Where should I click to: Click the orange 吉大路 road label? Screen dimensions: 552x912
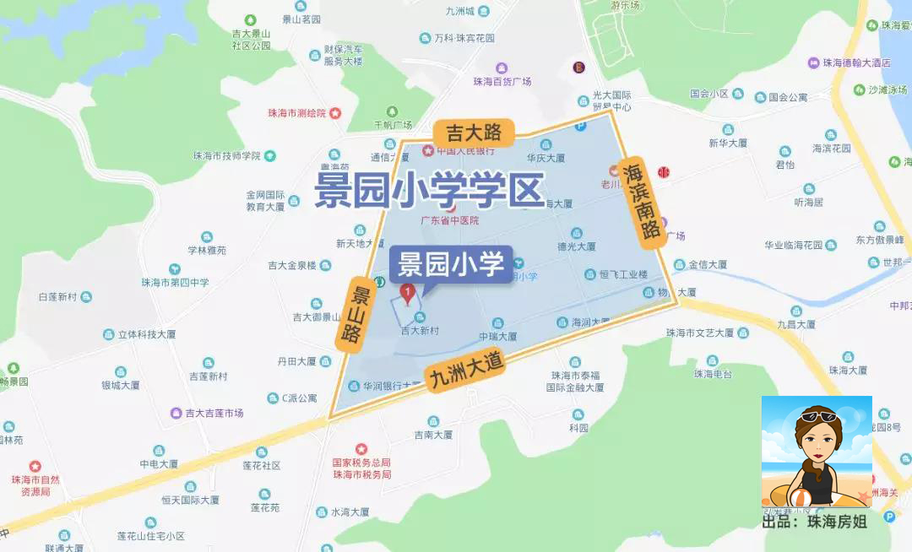[467, 132]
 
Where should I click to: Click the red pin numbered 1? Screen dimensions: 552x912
[408, 295]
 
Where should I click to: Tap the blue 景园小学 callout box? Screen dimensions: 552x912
[451, 264]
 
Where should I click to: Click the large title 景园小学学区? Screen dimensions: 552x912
[429, 191]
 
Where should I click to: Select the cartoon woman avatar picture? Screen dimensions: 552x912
[816, 453]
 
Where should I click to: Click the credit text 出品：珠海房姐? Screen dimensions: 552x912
[815, 522]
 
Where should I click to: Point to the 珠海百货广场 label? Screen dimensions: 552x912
[502, 82]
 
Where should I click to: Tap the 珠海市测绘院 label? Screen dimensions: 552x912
[296, 112]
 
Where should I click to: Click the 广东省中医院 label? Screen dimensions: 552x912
[449, 220]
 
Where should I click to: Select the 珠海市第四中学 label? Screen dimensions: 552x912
[175, 282]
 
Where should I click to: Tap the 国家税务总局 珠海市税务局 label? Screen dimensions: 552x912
[361, 468]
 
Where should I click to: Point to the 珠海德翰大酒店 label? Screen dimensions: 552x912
[857, 62]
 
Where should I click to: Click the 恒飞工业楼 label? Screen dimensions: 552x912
[622, 274]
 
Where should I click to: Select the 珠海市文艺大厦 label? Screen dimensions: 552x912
[700, 333]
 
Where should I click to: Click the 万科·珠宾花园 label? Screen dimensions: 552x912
[464, 38]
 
